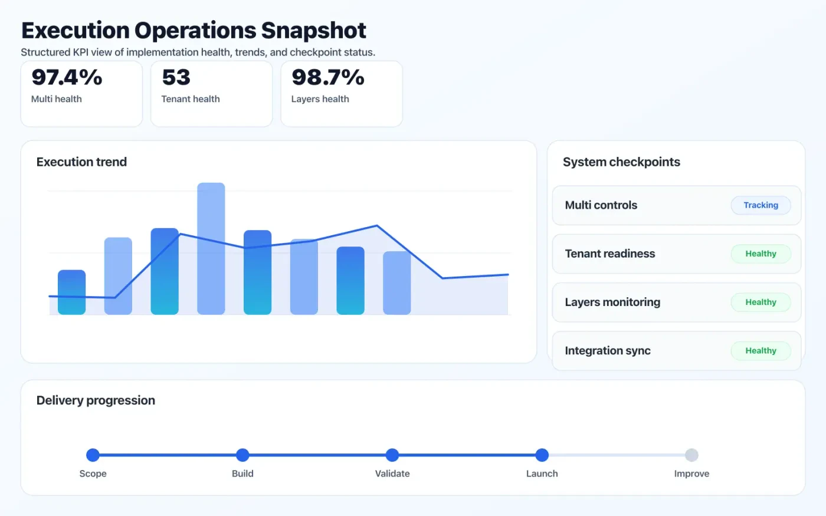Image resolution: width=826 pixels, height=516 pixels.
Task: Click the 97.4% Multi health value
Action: coord(67,77)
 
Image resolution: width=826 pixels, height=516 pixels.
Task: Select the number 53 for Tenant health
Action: coord(176,77)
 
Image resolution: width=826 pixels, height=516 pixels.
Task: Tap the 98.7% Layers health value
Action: coord(328,77)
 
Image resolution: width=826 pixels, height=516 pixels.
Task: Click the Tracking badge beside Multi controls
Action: coord(761,205)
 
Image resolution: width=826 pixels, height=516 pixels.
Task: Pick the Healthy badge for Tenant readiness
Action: coord(761,254)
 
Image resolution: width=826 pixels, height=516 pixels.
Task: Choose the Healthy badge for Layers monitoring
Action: coord(761,302)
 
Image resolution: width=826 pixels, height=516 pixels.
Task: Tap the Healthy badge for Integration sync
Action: coord(761,350)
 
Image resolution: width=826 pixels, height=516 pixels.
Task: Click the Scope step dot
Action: coord(93,455)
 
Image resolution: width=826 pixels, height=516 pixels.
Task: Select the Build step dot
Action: coord(242,455)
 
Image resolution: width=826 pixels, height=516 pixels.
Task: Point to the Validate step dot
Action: coord(392,455)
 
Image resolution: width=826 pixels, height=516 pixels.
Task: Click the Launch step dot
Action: coord(542,455)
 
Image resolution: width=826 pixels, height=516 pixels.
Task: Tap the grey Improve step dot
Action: coord(691,455)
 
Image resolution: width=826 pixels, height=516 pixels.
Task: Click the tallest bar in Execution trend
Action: coord(211,248)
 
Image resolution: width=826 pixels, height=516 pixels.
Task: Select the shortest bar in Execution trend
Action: coord(71,292)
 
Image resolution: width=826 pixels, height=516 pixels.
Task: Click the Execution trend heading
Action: coord(81,162)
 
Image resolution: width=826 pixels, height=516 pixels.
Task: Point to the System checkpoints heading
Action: coord(621,162)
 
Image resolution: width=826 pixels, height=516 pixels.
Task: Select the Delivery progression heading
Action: coord(96,400)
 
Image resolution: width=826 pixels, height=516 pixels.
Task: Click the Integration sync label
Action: coord(608,351)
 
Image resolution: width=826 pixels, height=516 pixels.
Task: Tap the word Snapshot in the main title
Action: coord(313,31)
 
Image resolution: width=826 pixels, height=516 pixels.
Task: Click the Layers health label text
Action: coord(320,99)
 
